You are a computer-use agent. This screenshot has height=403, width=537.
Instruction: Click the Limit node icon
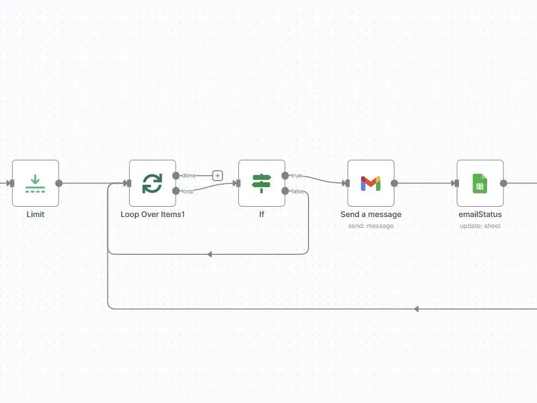35,183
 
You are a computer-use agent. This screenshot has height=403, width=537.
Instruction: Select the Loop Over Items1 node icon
152,183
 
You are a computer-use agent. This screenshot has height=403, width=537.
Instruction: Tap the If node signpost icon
261,183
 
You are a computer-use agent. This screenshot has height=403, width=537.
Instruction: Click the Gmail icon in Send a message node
371,183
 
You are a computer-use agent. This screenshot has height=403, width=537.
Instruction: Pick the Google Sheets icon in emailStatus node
480,183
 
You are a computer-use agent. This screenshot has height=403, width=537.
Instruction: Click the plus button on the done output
218,176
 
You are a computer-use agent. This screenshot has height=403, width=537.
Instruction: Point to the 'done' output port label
189,176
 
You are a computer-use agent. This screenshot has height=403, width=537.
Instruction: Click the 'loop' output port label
188,191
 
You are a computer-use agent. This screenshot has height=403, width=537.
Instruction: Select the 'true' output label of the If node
296,176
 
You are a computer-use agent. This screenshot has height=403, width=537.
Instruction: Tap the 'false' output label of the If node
297,191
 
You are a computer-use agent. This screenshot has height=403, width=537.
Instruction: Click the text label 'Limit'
35,215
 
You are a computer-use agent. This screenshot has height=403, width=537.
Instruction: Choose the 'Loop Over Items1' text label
152,215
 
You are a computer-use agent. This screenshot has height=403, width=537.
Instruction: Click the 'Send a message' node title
371,215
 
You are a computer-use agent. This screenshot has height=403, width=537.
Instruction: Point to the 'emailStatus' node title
480,215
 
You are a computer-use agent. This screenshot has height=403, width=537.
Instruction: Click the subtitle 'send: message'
371,226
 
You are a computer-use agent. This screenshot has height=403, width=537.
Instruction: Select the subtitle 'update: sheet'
480,226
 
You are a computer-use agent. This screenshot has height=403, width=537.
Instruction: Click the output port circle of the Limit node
59,183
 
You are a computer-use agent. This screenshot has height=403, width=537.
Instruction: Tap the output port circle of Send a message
394,183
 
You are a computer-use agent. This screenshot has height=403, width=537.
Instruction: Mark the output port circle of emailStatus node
503,183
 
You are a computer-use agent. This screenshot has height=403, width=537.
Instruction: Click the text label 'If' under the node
261,215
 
